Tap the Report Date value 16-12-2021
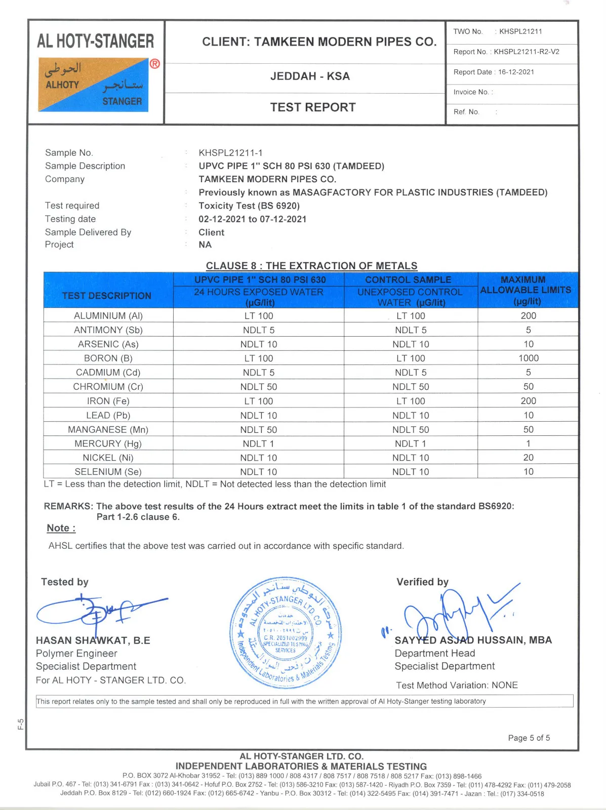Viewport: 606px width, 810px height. pos(516,72)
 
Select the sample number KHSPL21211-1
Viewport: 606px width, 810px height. pos(230,153)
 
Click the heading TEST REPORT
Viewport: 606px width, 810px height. pos(313,107)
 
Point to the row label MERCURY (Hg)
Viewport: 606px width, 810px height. pos(108,443)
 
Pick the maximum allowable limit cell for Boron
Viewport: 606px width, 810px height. pos(528,358)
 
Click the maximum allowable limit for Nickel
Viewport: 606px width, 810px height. pos(528,458)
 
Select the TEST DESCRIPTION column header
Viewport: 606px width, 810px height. pos(107,296)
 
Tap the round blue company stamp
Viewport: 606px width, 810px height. pos(285,633)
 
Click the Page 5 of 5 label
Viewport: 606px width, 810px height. pos(529,738)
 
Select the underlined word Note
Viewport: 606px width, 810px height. pos(61,528)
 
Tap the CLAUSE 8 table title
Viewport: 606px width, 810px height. pos(311,266)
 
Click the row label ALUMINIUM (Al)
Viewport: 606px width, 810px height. pos(108,316)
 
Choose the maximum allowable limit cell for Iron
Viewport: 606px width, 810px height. pos(528,401)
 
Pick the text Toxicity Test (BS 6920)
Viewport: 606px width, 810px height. pos(249,206)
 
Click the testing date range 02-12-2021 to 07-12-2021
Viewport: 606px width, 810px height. pos(252,219)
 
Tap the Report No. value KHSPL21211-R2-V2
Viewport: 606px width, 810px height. pos(527,52)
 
